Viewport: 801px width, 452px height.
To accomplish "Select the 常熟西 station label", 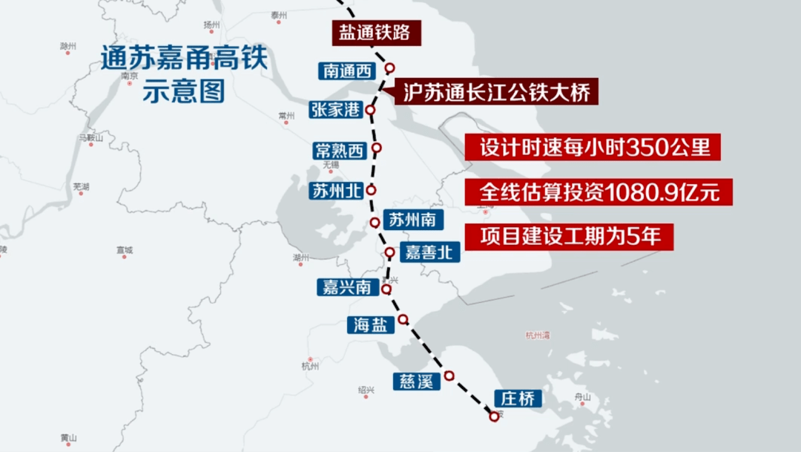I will click(x=340, y=151).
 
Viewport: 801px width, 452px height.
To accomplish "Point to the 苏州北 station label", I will click(x=335, y=191).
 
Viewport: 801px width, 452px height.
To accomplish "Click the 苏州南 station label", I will click(x=416, y=220).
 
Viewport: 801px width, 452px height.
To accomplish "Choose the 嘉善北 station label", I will click(x=429, y=252).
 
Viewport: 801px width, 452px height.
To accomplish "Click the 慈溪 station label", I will click(x=416, y=381).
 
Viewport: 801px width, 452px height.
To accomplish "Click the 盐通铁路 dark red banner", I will click(x=369, y=33).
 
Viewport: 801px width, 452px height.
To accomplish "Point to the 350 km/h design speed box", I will click(x=593, y=147).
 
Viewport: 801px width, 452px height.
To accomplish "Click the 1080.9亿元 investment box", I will click(x=599, y=192).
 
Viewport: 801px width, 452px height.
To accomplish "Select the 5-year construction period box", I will click(x=570, y=236).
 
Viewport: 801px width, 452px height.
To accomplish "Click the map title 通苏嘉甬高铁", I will click(x=183, y=59).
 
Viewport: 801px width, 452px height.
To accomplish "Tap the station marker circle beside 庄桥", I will click(x=495, y=416).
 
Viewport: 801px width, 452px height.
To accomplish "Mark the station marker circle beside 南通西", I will click(x=389, y=68).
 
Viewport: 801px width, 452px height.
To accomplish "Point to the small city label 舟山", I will click(x=583, y=398).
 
